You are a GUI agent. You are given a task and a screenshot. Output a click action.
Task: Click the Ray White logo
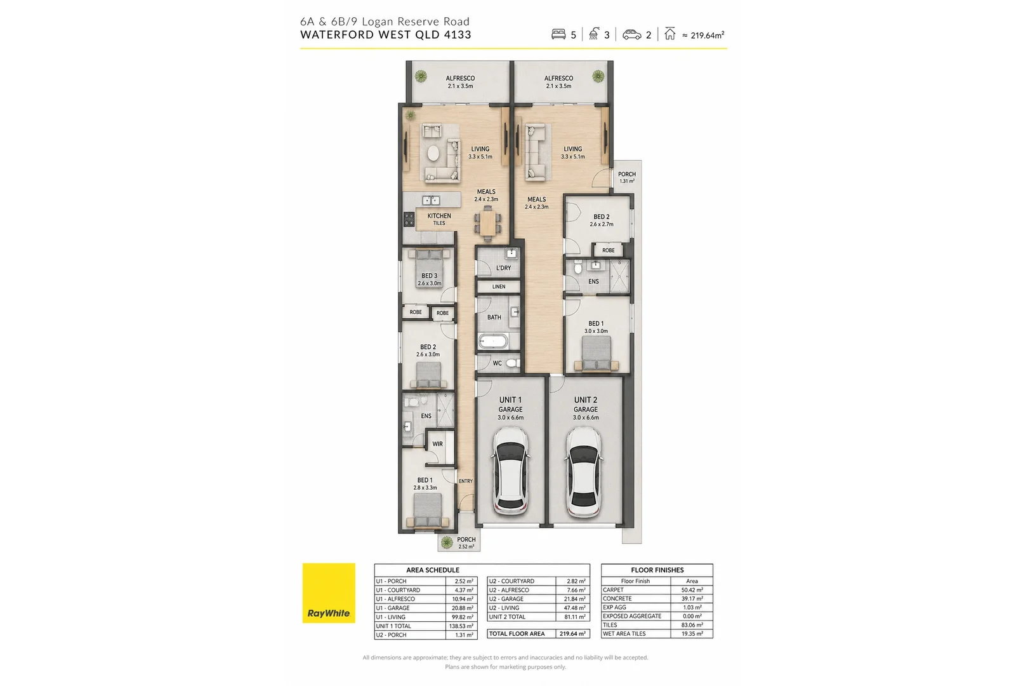[329, 593]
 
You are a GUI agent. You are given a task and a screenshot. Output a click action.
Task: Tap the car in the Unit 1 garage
[510, 471]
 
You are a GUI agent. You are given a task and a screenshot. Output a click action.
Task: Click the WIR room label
[437, 444]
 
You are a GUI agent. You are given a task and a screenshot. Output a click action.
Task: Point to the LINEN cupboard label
[499, 286]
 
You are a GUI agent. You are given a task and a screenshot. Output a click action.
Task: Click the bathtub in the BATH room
[493, 341]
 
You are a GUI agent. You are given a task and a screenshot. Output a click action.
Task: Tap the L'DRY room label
[503, 268]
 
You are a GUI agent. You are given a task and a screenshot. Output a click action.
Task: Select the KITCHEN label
[439, 215]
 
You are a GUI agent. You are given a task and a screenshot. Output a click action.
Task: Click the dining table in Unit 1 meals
[487, 224]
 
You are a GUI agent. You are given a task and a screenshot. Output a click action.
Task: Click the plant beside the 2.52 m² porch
[447, 542]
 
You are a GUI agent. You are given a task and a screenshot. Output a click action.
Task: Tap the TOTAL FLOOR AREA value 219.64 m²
[573, 634]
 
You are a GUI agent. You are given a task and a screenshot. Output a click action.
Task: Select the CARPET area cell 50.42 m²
[692, 590]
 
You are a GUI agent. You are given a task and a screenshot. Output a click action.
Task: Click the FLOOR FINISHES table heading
[657, 570]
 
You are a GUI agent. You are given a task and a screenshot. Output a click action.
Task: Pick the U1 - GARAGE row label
[392, 608]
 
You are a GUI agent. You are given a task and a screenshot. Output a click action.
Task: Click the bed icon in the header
[558, 34]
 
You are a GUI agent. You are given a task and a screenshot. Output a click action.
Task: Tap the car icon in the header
[631, 34]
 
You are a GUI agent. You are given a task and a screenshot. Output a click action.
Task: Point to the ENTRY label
[466, 481]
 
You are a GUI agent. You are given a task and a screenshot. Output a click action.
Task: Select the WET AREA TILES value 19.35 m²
[692, 634]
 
